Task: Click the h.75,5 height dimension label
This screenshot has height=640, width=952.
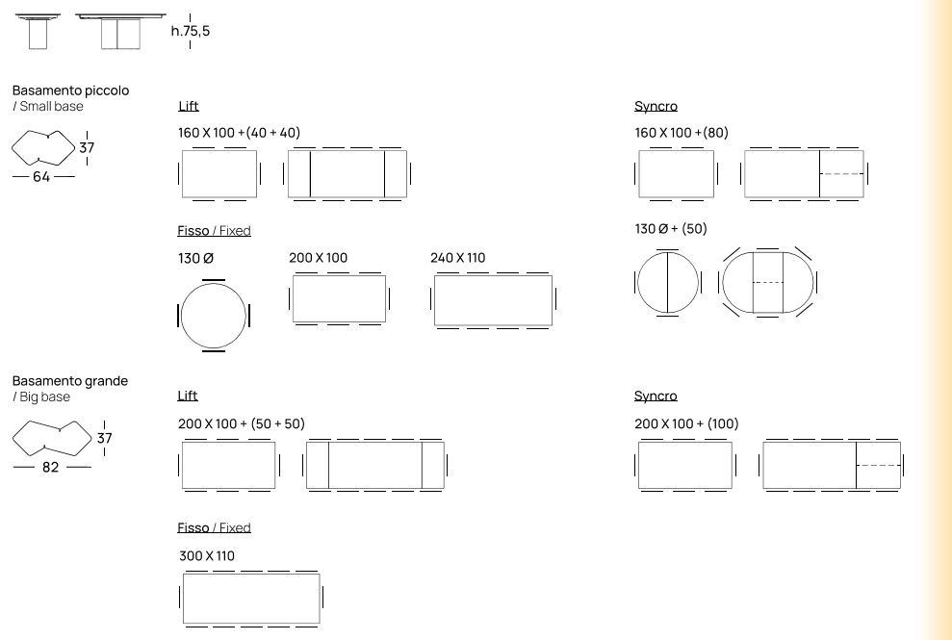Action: click(190, 31)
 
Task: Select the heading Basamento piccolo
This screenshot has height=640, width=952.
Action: click(70, 90)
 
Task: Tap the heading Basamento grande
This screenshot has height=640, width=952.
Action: click(70, 381)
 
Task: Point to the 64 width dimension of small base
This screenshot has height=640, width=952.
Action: click(41, 177)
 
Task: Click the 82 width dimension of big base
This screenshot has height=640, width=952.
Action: click(50, 467)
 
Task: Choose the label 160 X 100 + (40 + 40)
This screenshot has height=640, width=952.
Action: click(240, 133)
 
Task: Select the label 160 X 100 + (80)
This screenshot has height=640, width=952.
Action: click(682, 133)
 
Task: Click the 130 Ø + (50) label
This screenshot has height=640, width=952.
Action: click(671, 229)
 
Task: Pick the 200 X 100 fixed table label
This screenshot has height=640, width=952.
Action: click(319, 258)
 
